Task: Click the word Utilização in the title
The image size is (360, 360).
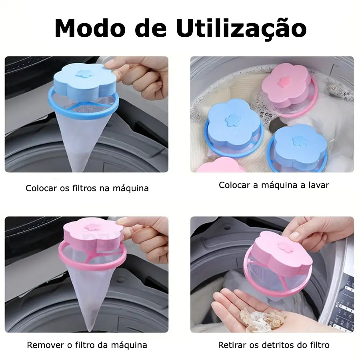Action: click(241, 28)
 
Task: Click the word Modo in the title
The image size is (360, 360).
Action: click(90, 28)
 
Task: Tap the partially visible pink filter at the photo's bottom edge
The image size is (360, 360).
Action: click(218, 165)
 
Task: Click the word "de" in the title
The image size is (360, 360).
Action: click(151, 28)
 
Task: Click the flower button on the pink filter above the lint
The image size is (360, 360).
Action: click(284, 246)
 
